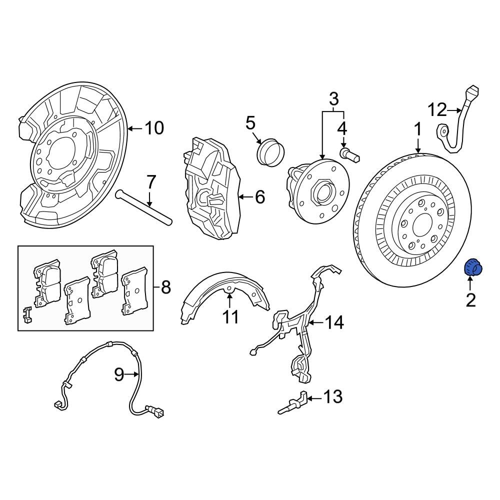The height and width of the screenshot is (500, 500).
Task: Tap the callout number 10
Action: pyautogui.click(x=153, y=128)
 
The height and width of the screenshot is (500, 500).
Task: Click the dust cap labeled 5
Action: pyautogui.click(x=270, y=151)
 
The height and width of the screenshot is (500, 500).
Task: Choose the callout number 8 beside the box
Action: pyautogui.click(x=165, y=287)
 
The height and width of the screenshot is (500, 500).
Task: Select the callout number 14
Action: pyautogui.click(x=334, y=323)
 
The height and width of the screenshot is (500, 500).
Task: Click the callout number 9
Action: pyautogui.click(x=118, y=374)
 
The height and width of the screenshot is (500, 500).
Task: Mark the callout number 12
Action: pyautogui.click(x=436, y=109)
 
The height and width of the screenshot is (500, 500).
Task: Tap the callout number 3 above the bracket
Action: pyautogui.click(x=333, y=98)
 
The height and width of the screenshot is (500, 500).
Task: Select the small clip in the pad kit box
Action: pyautogui.click(x=27, y=314)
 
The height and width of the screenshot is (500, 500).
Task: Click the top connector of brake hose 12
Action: pyautogui.click(x=471, y=93)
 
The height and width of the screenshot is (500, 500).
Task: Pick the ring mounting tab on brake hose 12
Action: pyautogui.click(x=442, y=132)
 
